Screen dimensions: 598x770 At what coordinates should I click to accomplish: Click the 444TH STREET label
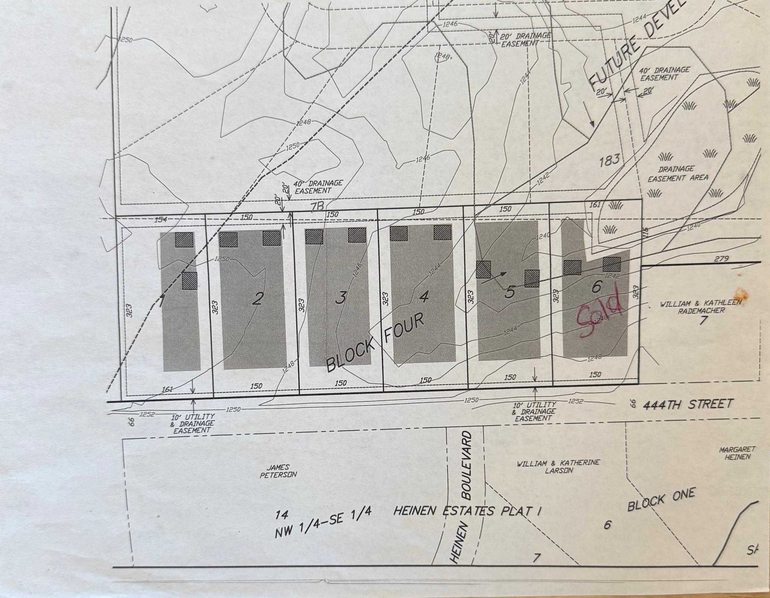click(688, 404)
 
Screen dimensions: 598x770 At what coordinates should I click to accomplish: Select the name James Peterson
click(278, 471)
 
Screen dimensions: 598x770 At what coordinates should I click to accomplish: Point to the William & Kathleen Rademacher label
click(701, 307)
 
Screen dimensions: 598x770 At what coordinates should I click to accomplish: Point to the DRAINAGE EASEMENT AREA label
click(677, 174)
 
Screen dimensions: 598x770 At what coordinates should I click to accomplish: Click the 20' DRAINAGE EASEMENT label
click(525, 40)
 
